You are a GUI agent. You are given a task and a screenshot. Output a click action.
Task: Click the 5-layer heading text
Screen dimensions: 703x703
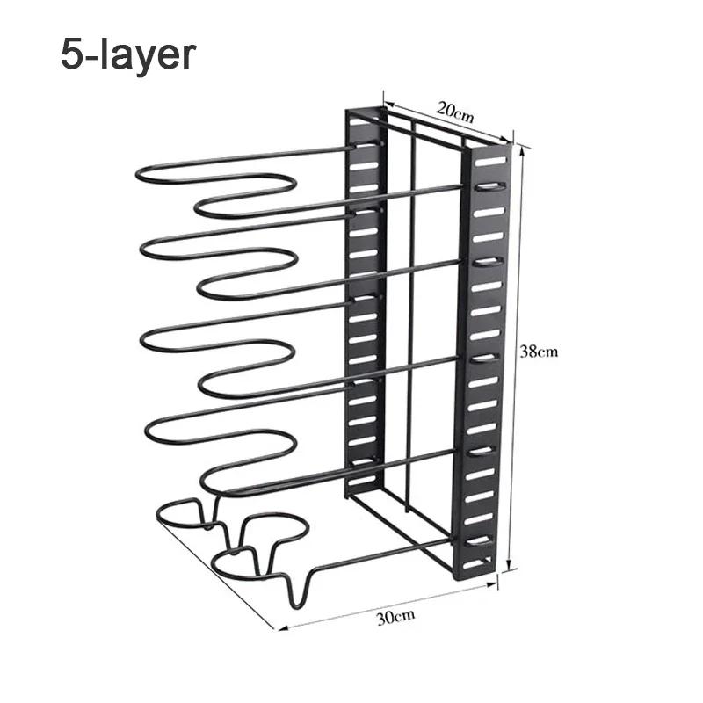[128, 54]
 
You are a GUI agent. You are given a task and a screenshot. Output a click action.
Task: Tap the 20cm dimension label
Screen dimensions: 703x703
[455, 112]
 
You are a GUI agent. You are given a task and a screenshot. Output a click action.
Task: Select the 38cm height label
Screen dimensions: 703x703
[539, 351]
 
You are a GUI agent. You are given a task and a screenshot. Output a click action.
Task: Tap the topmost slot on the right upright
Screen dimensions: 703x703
[489, 162]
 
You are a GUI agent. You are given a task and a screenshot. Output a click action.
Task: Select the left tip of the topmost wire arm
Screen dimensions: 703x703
[137, 174]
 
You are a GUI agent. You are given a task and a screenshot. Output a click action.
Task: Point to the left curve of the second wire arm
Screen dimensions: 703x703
[142, 248]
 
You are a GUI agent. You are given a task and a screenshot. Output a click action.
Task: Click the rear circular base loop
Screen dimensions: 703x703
[178, 514]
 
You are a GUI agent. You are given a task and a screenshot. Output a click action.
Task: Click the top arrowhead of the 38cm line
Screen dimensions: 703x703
[520, 151]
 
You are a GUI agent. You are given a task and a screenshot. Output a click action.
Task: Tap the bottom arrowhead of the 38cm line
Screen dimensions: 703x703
[509, 565]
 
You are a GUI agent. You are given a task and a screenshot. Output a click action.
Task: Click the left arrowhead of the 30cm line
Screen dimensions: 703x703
[282, 628]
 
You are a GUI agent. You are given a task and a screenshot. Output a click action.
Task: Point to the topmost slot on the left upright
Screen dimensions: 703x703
[364, 145]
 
